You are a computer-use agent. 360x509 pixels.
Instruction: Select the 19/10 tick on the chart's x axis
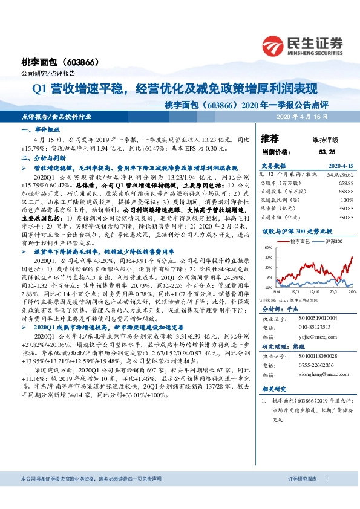(x=313, y=291)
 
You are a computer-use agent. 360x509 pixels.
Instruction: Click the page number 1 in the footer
(x=328, y=495)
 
